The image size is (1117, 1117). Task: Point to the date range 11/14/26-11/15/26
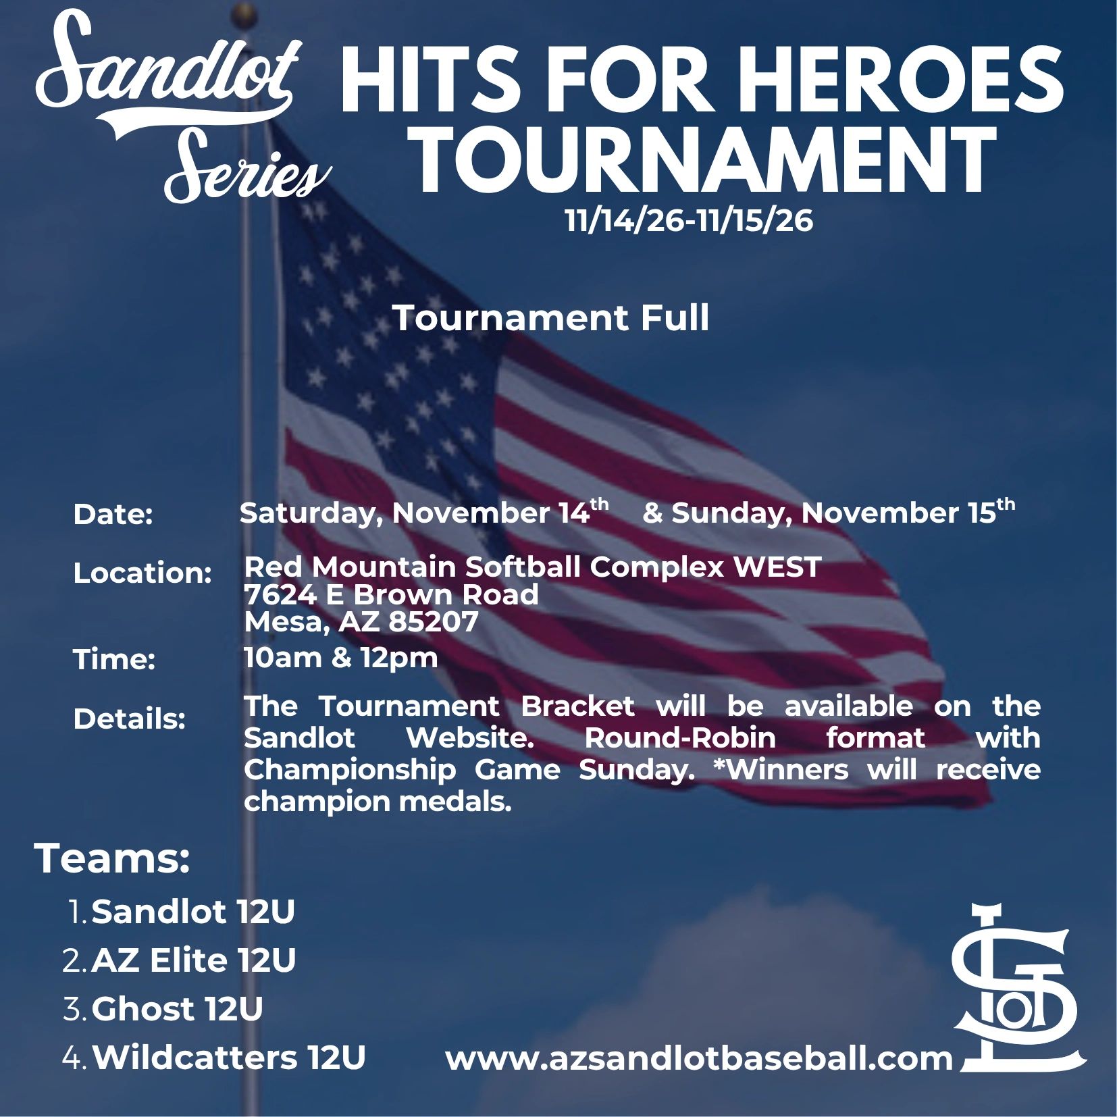689,221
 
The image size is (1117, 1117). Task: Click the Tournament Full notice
550,318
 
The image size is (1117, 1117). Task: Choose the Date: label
113,515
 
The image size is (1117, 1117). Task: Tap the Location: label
142,573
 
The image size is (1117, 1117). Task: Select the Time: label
114,660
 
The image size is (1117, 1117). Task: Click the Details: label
129,719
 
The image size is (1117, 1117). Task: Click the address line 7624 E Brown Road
392,594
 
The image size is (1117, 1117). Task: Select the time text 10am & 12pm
341,657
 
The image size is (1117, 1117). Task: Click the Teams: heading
112,859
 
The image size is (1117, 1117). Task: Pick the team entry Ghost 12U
177,1009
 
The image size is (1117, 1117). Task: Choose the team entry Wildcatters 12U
229,1058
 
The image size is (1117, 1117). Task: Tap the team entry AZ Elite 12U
194,960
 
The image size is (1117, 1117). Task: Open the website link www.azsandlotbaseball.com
699,1058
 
